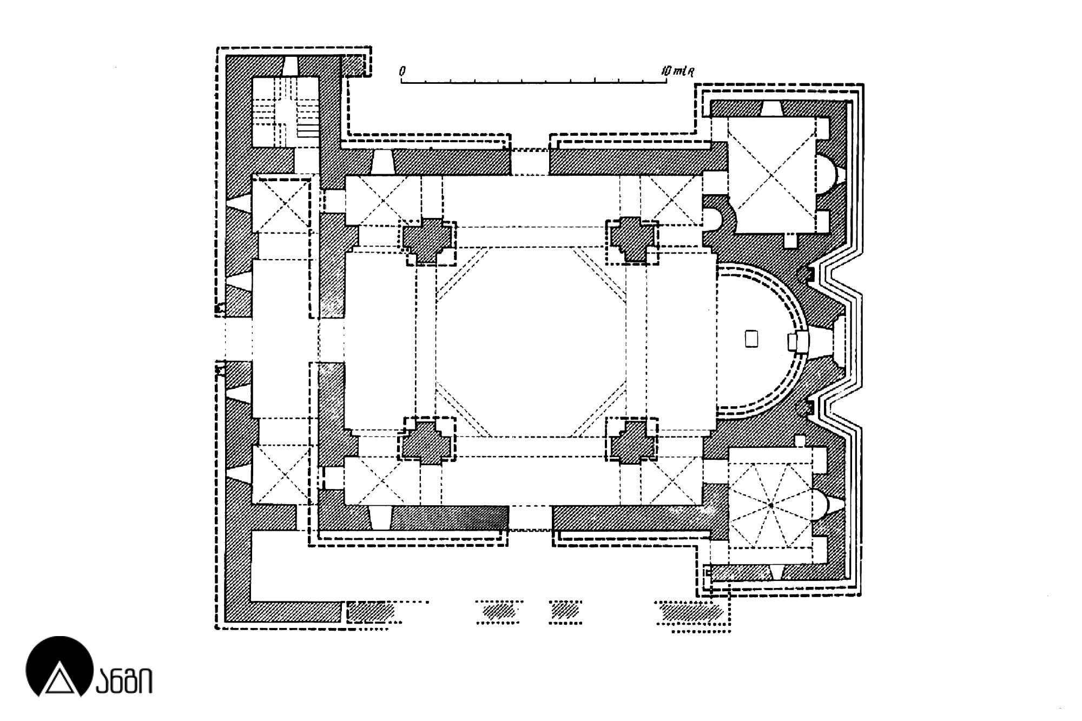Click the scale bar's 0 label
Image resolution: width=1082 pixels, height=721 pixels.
coord(402,71)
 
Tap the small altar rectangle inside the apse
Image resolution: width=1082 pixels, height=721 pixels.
coord(751,339)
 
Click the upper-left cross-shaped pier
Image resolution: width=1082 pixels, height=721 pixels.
coord(428,241)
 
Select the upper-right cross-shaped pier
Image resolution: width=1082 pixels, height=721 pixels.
coord(632,240)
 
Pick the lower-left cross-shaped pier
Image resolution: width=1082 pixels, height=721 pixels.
coord(428,441)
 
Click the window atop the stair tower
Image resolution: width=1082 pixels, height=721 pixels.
coord(291,66)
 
